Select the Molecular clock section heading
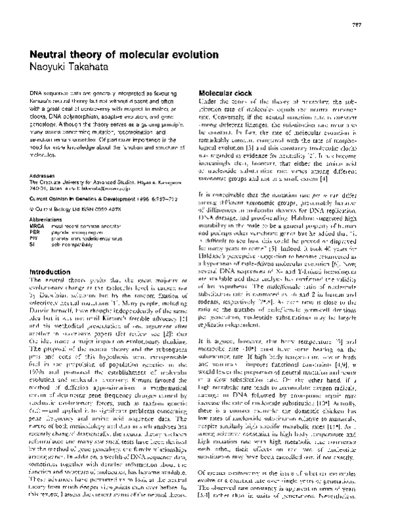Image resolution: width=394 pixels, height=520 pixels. tap(227, 93)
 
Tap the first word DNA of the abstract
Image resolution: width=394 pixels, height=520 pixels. tap(37, 94)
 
